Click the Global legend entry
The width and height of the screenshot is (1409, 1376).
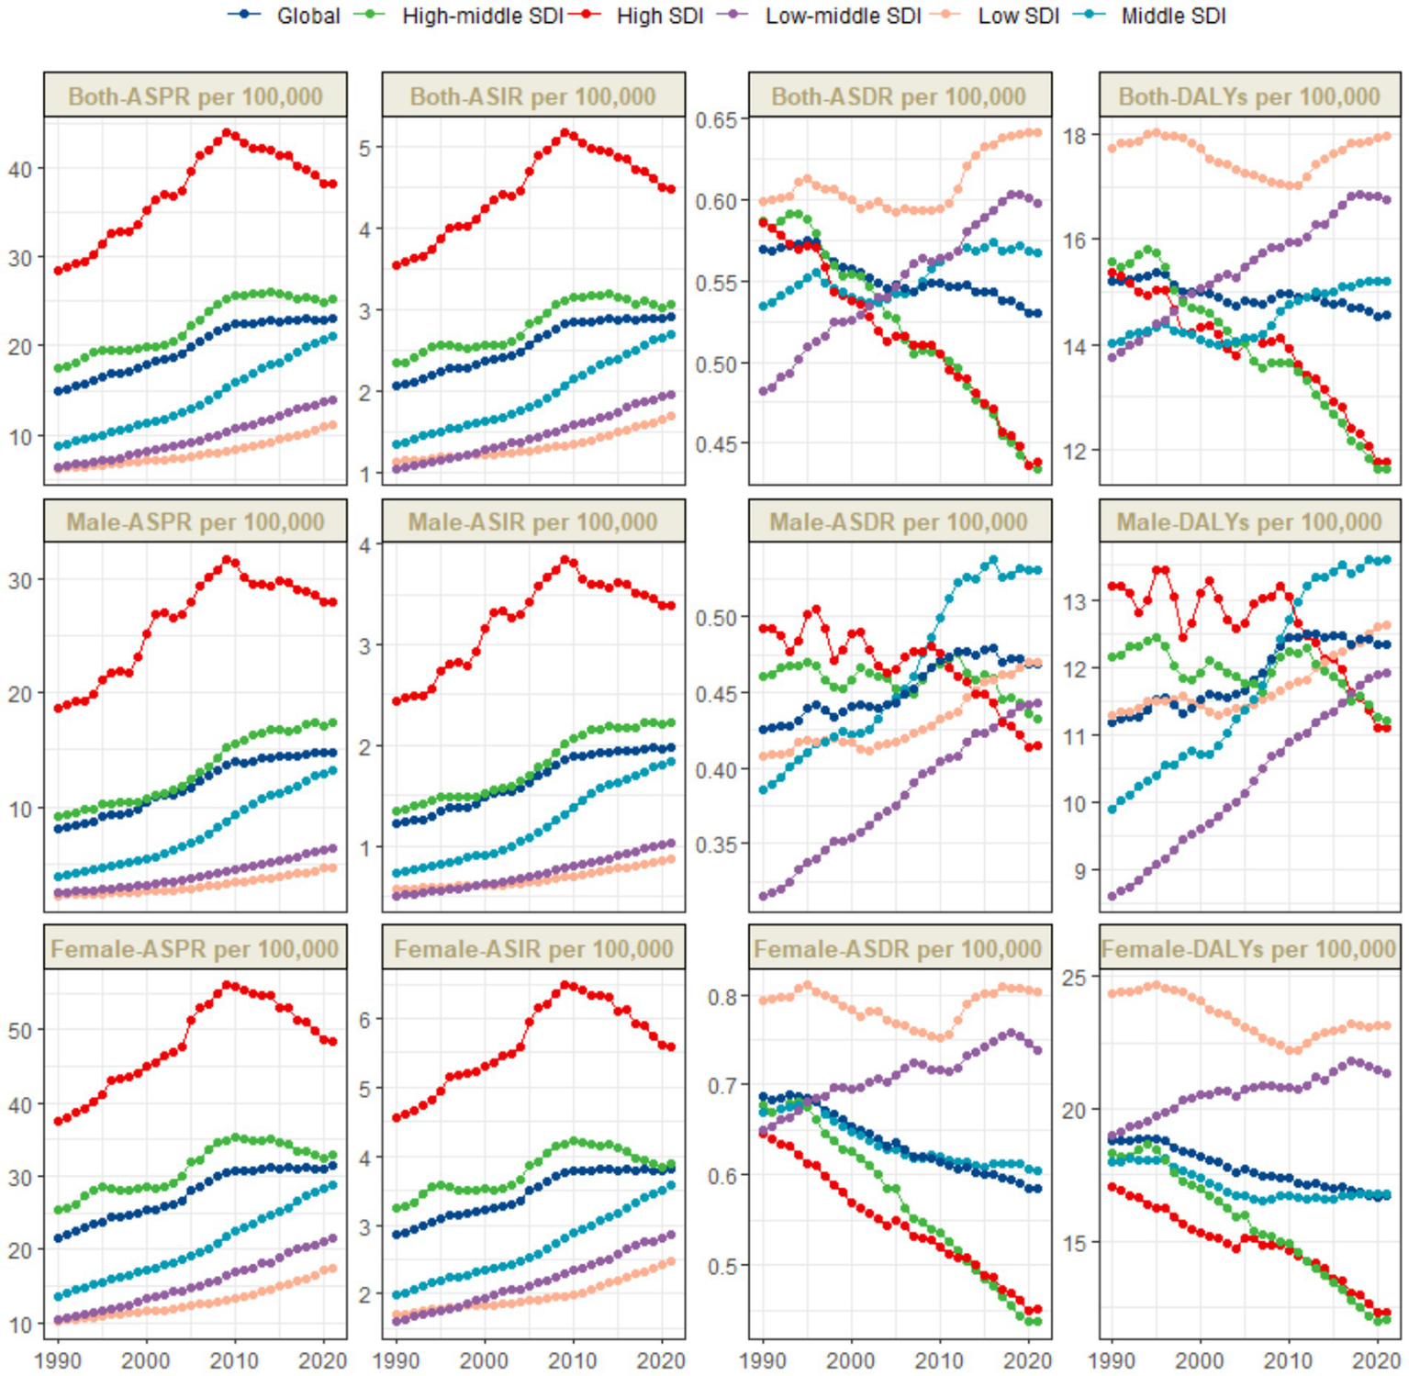[308, 16]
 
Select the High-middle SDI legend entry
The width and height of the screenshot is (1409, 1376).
[481, 16]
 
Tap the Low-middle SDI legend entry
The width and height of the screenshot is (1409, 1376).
[842, 16]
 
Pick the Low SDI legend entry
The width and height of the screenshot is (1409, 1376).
[1017, 16]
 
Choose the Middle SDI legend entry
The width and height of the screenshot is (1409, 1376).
[1172, 16]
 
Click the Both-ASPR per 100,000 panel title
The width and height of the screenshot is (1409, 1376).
[196, 96]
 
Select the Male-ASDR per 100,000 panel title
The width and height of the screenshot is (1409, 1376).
[899, 522]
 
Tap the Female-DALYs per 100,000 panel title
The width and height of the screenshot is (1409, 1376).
[1249, 948]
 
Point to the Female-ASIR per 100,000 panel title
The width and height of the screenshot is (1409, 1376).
[533, 948]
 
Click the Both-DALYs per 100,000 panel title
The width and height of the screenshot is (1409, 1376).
[1249, 96]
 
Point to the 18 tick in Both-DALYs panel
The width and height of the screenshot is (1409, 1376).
[1075, 136]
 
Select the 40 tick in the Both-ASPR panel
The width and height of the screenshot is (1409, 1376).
[20, 169]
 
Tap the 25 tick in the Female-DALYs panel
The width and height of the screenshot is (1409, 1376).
[1075, 978]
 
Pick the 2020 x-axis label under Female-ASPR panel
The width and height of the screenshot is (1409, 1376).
[323, 1359]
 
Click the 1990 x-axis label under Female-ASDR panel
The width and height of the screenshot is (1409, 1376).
[763, 1359]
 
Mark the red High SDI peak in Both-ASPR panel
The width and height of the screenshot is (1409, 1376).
[227, 133]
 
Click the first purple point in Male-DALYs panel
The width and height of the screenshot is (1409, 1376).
[1113, 896]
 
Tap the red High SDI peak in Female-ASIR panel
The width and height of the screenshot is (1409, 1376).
[565, 985]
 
